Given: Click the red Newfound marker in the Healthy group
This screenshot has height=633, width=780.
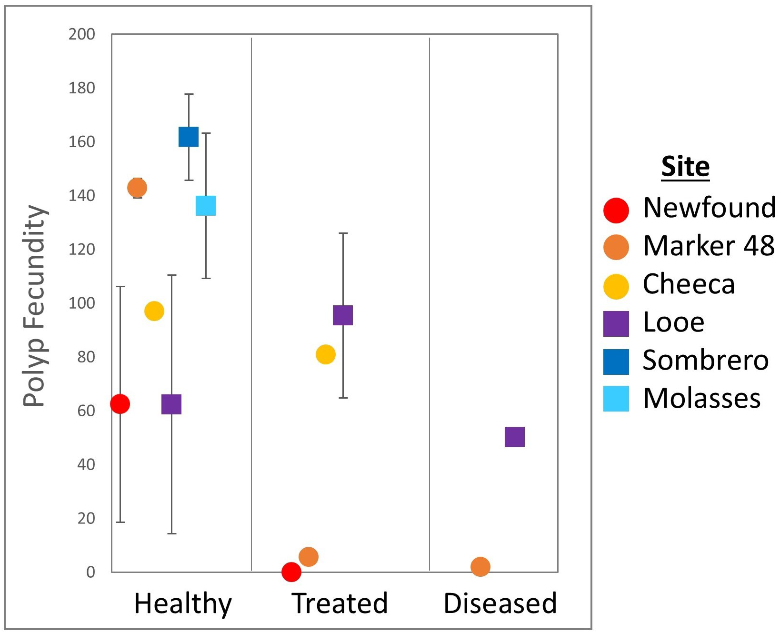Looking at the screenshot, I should (x=120, y=404).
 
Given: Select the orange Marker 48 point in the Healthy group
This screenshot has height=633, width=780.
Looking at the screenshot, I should (x=137, y=188).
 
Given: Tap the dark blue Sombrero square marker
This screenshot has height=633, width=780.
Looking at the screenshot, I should (x=189, y=137).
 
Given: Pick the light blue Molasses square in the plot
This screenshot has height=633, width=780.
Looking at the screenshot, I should (x=206, y=206).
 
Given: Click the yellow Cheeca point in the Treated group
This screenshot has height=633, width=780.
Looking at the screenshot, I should (x=326, y=354).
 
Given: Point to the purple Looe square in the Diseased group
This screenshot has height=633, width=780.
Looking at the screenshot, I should (x=515, y=437).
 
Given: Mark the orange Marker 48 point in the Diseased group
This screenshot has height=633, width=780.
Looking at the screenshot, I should (x=480, y=567).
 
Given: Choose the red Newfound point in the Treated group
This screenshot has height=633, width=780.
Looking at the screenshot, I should (x=291, y=572).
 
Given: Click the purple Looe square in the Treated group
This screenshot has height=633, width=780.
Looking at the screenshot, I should (x=343, y=315).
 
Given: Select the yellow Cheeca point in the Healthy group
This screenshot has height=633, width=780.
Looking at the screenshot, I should (x=154, y=311).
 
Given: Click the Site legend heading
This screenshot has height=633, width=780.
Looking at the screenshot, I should (x=685, y=167).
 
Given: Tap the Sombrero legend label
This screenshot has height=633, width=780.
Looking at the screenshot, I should (x=705, y=360).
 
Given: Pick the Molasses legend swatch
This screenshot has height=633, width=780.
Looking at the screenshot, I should (x=616, y=399).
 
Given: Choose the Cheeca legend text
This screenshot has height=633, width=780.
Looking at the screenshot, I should (x=689, y=284).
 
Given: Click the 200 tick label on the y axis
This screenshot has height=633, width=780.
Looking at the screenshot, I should (x=82, y=34).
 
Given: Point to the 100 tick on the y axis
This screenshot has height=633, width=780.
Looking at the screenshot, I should (x=82, y=303).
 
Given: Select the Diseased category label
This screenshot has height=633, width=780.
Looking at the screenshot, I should (x=500, y=603).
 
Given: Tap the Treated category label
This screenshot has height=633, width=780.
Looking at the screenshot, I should (x=340, y=603).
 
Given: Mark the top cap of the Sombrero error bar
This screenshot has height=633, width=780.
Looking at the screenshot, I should (x=189, y=94).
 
